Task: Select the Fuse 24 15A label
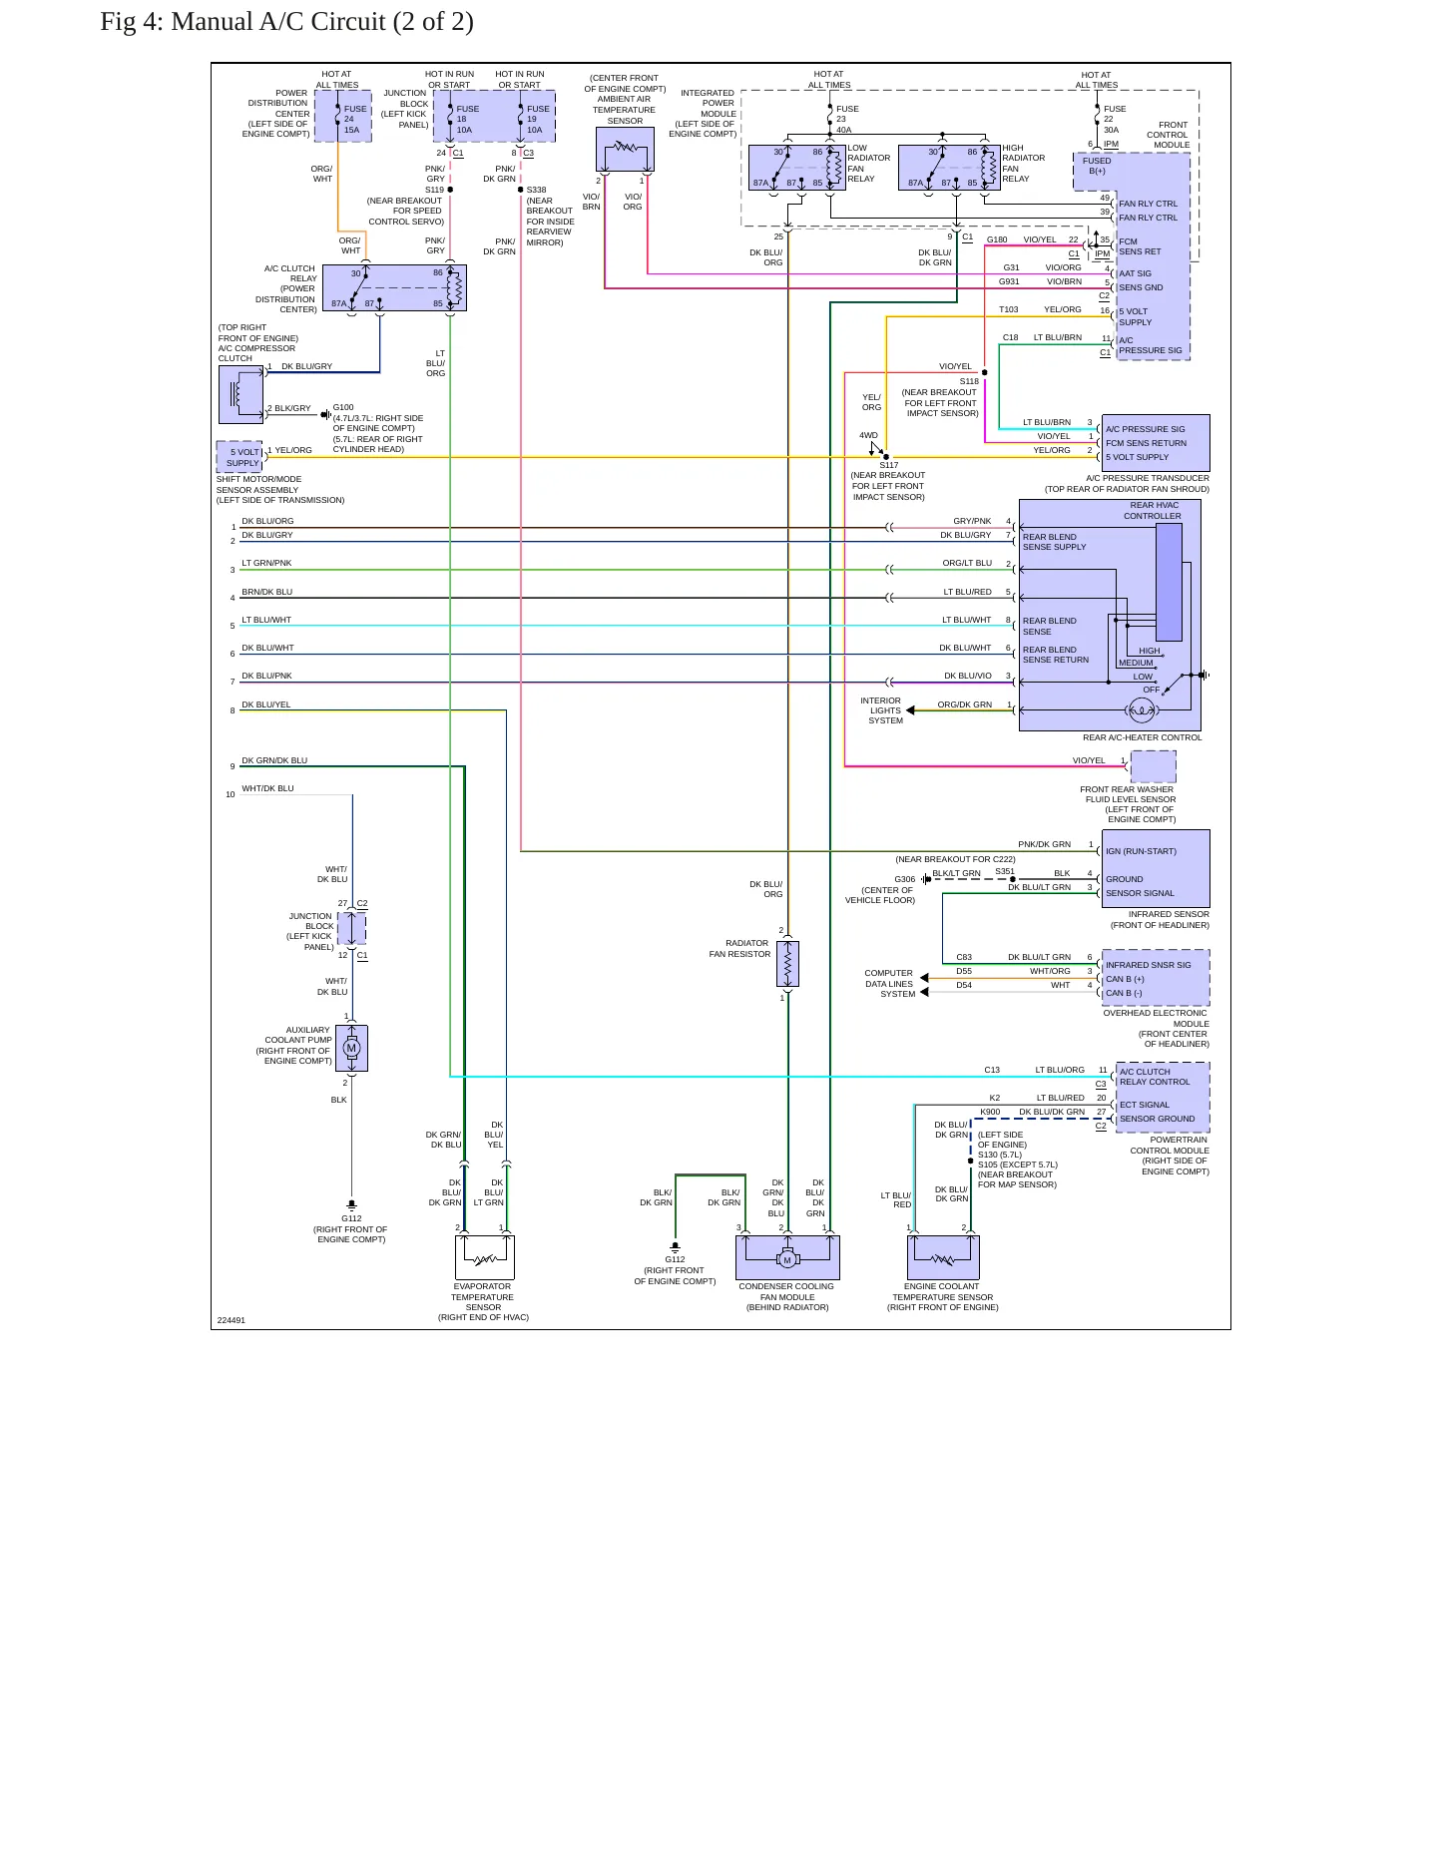point(355,120)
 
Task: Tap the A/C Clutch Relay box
point(394,288)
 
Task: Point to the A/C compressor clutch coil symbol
point(240,395)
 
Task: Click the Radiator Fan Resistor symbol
point(787,964)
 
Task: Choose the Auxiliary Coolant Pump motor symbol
point(351,1048)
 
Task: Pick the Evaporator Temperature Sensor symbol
point(484,1257)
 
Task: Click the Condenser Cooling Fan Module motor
point(787,1258)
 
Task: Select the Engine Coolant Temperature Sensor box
point(943,1257)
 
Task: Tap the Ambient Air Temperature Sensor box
point(625,150)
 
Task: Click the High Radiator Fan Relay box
point(949,168)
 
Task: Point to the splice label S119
point(434,190)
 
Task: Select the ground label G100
point(343,407)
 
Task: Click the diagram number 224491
point(232,1320)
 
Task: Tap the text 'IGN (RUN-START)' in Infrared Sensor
point(1141,851)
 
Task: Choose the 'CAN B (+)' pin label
point(1125,979)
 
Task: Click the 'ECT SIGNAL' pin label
point(1145,1105)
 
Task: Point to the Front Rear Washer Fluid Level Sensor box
point(1153,766)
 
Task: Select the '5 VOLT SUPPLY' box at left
point(240,457)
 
